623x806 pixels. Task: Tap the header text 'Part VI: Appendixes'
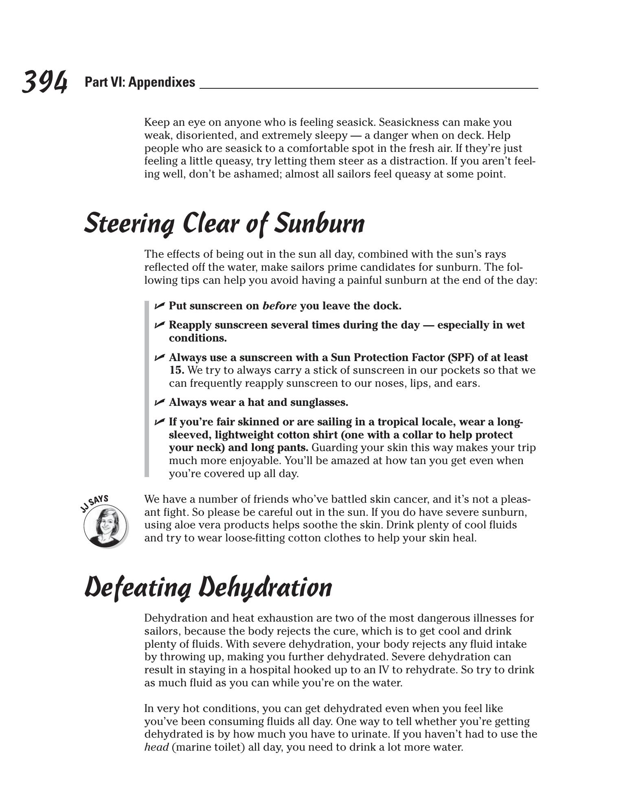[x=140, y=82]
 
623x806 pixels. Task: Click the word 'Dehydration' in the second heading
[x=265, y=587]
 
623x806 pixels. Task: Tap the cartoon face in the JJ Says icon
[x=105, y=525]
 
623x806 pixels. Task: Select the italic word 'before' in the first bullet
[x=279, y=306]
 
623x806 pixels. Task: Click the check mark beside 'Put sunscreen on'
[x=160, y=305]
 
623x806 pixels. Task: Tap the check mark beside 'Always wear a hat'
[x=160, y=402]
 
